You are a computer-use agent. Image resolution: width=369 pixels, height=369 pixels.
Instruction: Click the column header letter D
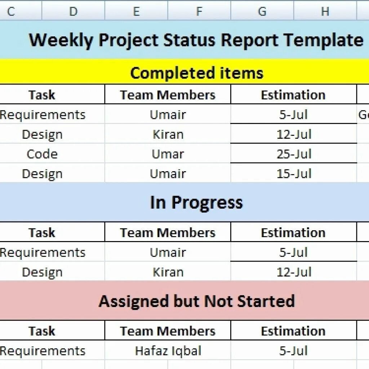click(73, 12)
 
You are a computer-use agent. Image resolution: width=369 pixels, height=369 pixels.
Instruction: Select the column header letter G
click(262, 12)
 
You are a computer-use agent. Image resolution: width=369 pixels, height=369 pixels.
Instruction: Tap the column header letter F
click(199, 12)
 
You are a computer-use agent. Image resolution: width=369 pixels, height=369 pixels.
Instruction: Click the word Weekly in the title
click(61, 40)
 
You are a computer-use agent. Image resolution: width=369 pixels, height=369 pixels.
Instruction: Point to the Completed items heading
click(197, 73)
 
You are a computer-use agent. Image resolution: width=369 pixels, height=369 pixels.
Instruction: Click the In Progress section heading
click(196, 203)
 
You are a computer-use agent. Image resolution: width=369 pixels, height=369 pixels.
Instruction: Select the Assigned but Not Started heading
click(197, 301)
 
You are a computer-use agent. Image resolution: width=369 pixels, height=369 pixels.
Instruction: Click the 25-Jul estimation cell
click(294, 154)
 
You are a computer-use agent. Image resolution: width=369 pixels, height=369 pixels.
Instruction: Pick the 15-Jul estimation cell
click(294, 174)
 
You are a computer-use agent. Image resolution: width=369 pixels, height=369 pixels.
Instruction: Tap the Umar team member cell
click(168, 154)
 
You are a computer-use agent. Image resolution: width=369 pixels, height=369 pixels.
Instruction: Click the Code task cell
click(42, 154)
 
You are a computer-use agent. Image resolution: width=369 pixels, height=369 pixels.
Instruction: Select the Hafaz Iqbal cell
click(168, 351)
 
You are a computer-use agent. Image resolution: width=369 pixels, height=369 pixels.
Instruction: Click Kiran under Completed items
click(168, 135)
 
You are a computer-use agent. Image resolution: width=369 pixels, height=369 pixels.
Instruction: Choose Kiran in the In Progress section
click(168, 272)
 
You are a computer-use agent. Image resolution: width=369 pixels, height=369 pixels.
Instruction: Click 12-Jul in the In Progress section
click(294, 272)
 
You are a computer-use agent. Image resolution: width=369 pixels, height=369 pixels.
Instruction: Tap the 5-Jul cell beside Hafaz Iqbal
click(294, 351)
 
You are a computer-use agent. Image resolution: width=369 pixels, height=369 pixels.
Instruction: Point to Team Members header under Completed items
click(168, 95)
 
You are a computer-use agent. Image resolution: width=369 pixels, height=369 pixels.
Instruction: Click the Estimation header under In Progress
click(293, 233)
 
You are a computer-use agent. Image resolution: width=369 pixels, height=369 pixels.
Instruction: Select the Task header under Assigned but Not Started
click(42, 331)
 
